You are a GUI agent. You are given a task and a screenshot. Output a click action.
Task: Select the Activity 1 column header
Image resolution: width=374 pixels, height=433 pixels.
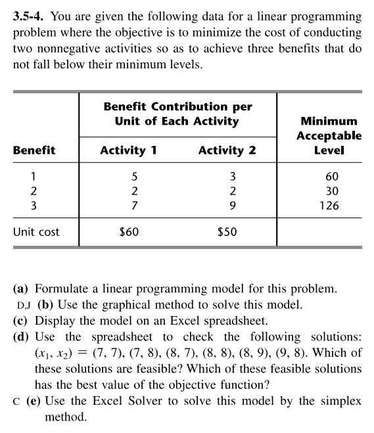[128, 150]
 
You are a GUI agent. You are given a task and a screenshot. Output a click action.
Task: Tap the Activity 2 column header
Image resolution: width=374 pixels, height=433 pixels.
[227, 150]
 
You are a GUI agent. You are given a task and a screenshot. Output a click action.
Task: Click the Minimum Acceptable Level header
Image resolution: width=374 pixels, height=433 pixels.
[328, 135]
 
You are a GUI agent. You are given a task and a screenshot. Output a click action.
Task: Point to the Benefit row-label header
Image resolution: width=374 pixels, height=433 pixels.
[34, 150]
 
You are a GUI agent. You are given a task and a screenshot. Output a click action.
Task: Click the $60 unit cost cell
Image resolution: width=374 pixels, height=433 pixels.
[129, 232]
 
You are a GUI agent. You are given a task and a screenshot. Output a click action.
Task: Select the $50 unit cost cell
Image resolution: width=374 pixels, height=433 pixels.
[227, 232]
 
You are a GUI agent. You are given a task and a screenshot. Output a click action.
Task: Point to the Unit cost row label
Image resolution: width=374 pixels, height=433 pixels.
[36, 232]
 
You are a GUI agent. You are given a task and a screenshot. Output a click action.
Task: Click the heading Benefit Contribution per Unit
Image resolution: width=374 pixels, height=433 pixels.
[177, 114]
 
